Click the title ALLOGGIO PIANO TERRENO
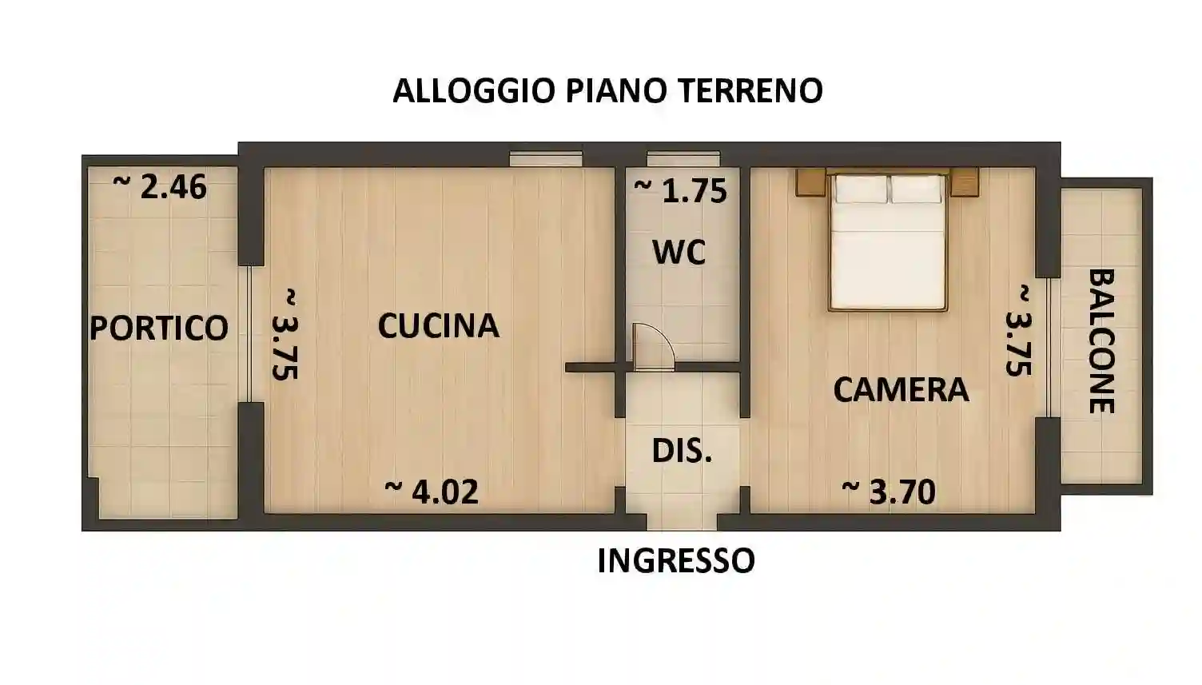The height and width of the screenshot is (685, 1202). [x=607, y=90]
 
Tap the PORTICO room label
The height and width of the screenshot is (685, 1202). [x=159, y=328]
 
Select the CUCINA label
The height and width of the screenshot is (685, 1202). [x=438, y=325]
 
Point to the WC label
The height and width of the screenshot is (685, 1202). [x=679, y=252]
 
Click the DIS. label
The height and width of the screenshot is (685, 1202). [x=681, y=451]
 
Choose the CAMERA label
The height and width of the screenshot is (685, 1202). [x=901, y=389]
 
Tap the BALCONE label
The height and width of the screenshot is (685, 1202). [x=1102, y=341]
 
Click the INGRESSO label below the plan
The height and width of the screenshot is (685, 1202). [x=675, y=560]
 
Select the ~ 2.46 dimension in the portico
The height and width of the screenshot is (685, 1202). [x=160, y=186]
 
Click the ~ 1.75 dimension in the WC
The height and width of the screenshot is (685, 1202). [x=680, y=190]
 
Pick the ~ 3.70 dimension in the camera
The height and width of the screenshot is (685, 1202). [x=889, y=491]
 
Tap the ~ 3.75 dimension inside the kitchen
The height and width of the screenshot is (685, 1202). [x=285, y=334]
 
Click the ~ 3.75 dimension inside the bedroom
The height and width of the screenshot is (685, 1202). [x=1018, y=329]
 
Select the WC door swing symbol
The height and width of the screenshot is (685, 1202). [x=652, y=347]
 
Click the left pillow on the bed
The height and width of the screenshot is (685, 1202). [x=861, y=189]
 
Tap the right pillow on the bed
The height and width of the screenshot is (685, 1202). [x=916, y=189]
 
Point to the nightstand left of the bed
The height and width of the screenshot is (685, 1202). [x=810, y=181]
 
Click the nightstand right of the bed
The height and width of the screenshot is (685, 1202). [x=965, y=181]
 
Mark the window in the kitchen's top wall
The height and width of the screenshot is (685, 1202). [x=546, y=158]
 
